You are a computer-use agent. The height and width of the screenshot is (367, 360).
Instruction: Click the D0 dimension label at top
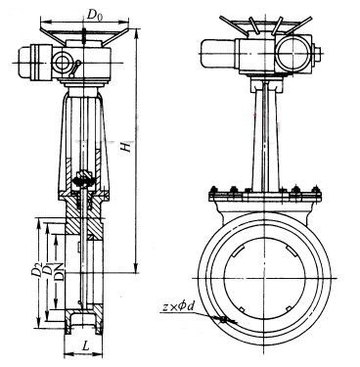coord(96,15)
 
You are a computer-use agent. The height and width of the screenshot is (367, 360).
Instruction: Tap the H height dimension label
coord(126,147)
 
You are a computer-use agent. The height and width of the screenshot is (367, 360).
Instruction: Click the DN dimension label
coord(59,272)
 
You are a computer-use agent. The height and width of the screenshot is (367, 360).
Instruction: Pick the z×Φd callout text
coord(178,307)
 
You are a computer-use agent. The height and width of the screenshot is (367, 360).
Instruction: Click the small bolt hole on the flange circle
coord(223,320)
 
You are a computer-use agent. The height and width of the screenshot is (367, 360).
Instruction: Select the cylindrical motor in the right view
coord(219,53)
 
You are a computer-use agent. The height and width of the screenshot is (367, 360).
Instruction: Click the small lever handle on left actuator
coord(75,68)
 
